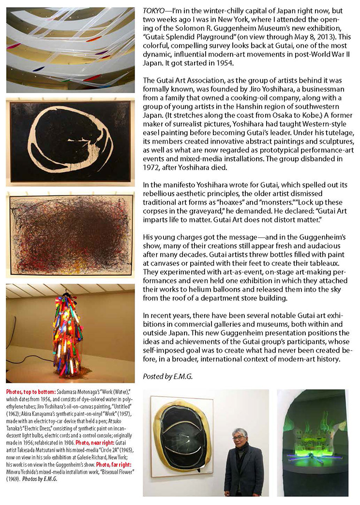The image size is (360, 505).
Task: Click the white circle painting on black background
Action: point(71,142)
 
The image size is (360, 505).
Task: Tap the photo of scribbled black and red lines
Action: point(71,235)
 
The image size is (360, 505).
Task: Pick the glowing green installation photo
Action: point(312,443)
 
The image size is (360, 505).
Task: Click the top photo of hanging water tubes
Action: point(71,50)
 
